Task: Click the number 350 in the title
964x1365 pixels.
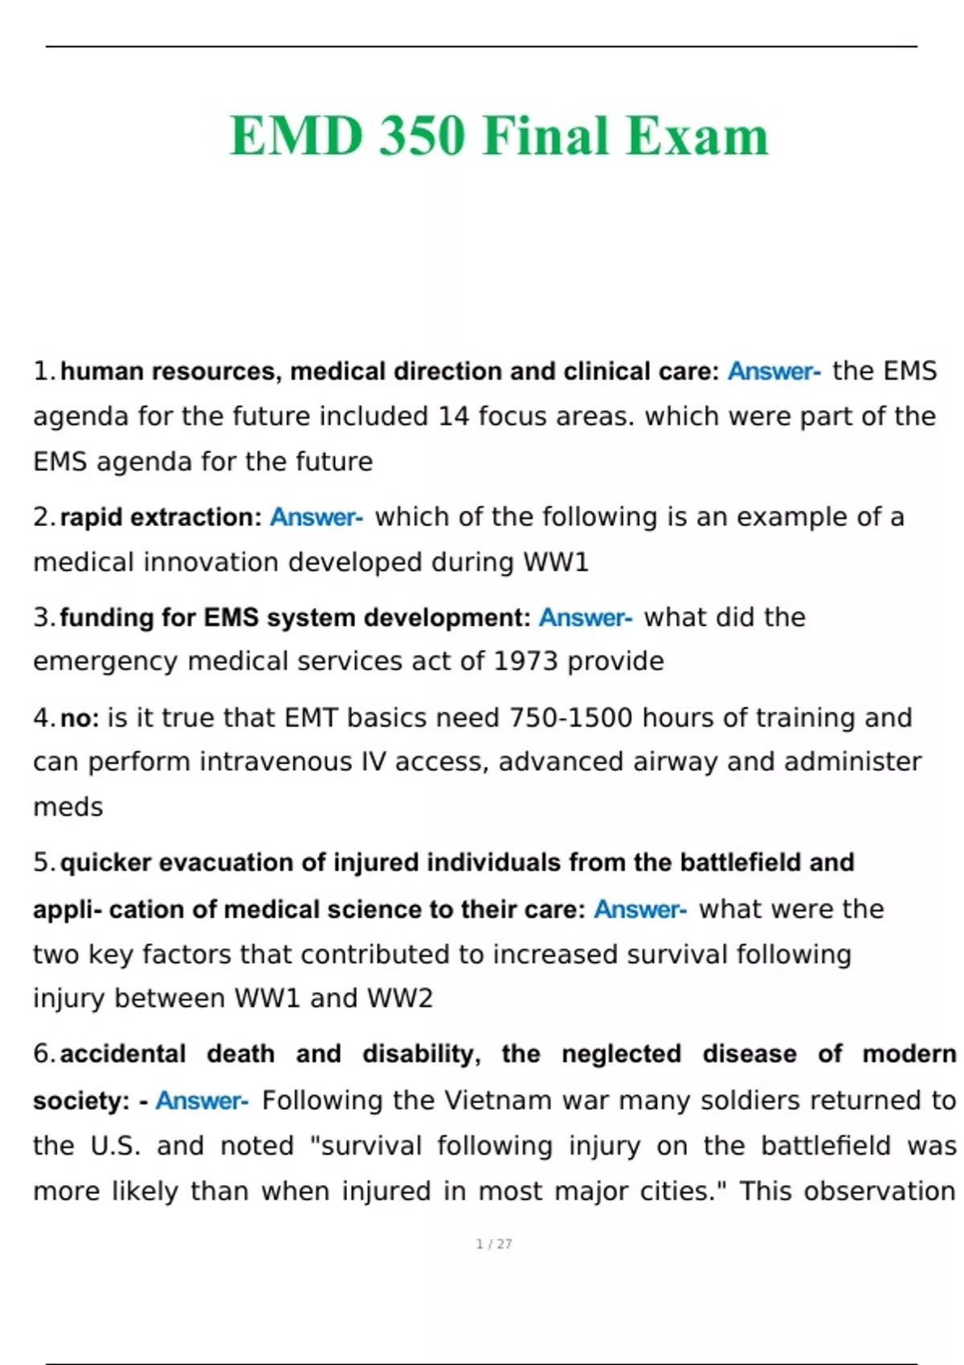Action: pyautogui.click(x=422, y=135)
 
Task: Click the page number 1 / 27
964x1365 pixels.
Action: pyautogui.click(x=493, y=1244)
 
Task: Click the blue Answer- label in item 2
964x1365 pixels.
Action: pyautogui.click(x=316, y=517)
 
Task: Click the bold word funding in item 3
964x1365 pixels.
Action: pyautogui.click(x=106, y=617)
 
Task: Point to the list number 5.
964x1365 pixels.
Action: pyautogui.click(x=43, y=862)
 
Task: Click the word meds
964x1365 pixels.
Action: pyautogui.click(x=68, y=806)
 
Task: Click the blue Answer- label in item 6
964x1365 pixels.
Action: pyautogui.click(x=202, y=1100)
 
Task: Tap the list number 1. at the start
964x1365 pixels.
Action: pyautogui.click(x=43, y=371)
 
